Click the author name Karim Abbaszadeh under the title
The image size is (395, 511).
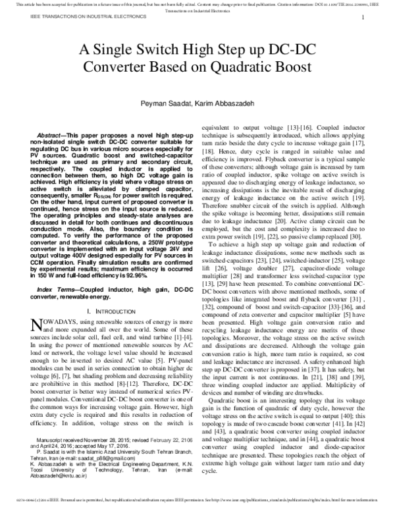tap(225, 105)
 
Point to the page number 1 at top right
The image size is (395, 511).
tap(363, 17)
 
